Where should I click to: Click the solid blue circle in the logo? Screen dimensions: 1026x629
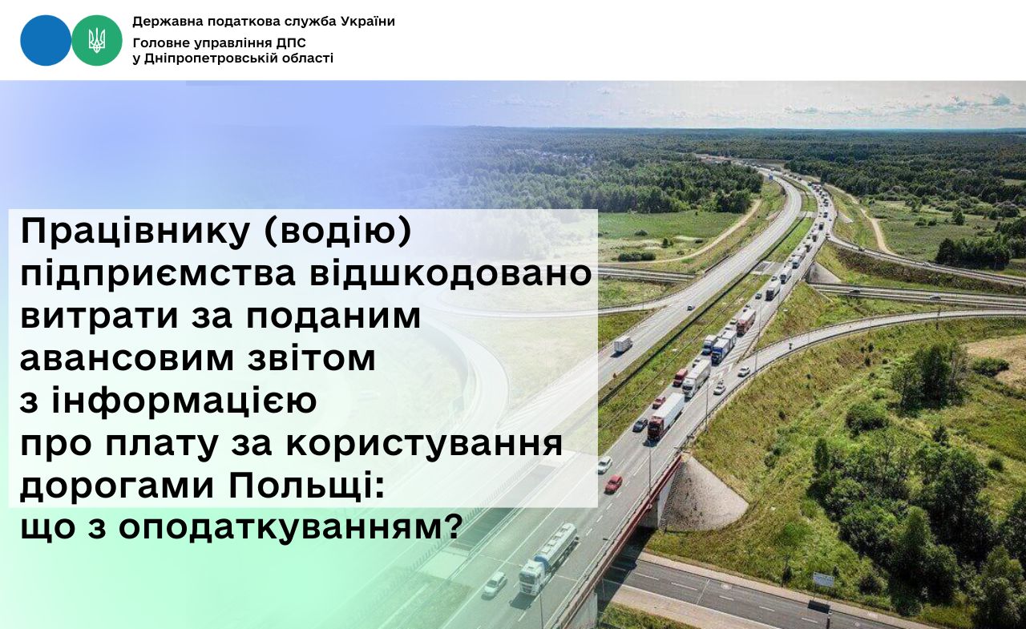click(x=46, y=40)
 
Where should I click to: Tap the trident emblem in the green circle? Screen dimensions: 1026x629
click(x=97, y=40)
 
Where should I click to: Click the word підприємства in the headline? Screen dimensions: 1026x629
click(x=158, y=275)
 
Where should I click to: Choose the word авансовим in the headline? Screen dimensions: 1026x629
click(x=127, y=359)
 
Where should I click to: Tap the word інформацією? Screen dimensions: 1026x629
click(x=184, y=400)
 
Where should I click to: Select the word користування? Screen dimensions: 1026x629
click(x=424, y=443)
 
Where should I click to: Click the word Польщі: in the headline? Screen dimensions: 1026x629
click(x=306, y=486)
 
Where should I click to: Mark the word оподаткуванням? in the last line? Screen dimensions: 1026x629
click(x=289, y=528)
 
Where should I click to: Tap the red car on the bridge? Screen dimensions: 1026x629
click(x=613, y=483)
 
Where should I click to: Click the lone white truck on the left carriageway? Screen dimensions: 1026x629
click(x=623, y=345)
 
